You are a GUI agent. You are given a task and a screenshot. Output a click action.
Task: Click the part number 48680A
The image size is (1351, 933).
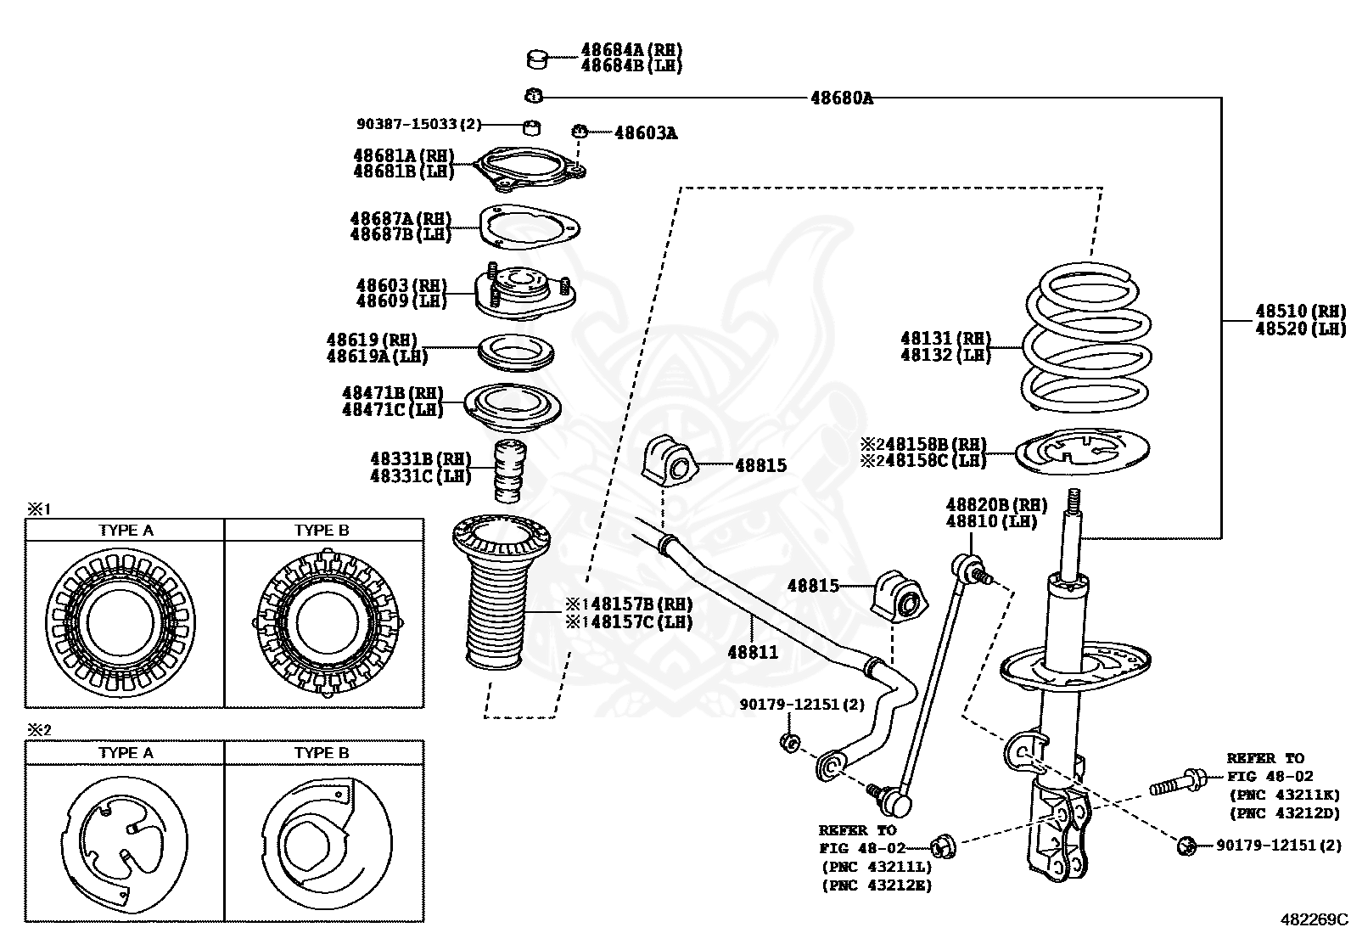841,98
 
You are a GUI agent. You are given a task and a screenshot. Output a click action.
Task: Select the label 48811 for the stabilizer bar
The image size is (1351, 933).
752,652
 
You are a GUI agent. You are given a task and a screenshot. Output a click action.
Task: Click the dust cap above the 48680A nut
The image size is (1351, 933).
536,59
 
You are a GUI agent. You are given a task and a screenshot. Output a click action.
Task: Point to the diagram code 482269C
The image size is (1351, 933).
1314,919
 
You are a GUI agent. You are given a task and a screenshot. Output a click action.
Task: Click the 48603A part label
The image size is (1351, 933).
645,132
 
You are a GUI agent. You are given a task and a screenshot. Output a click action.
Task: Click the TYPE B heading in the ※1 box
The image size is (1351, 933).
322,531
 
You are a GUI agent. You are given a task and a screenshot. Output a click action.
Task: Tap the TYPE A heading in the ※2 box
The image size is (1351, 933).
126,753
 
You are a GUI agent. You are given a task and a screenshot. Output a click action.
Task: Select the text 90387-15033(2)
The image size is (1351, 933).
418,124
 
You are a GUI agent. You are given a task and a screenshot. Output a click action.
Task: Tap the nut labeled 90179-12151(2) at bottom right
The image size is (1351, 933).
1186,846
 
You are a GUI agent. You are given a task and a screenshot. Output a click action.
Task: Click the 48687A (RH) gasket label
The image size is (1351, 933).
400,218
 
